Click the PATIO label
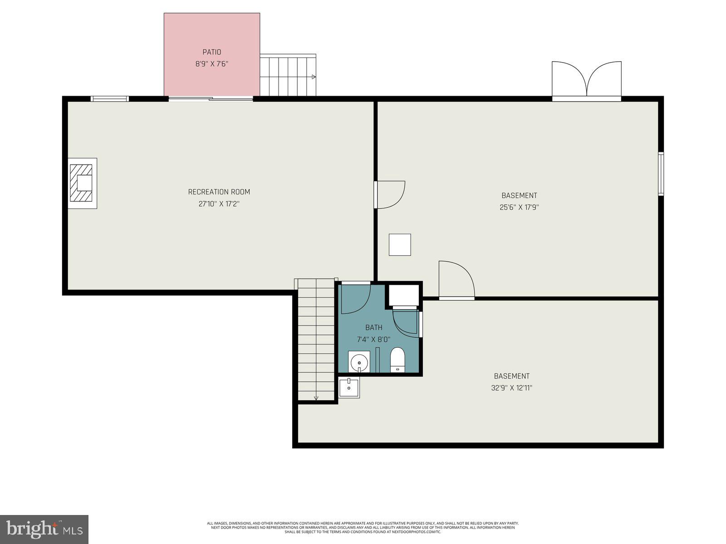211,52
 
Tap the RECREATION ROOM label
219,192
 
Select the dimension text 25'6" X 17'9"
519,207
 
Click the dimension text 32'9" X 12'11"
511,388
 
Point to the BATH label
374,327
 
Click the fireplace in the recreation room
83,183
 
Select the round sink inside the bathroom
359,362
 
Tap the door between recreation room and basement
389,195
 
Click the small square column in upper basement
400,245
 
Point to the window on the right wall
661,174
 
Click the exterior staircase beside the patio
288,75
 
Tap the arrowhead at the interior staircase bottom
316,398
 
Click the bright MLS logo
44,529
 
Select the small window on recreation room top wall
109,99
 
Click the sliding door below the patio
211,98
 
